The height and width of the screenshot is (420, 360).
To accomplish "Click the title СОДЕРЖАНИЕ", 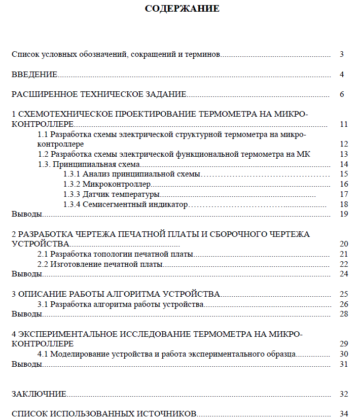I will click(x=182, y=9).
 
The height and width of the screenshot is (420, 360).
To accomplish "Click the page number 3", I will click(x=342, y=54).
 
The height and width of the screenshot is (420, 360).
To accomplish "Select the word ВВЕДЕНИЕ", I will click(x=34, y=75).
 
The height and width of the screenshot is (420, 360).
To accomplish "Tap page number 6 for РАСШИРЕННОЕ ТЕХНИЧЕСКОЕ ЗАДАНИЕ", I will click(x=342, y=94).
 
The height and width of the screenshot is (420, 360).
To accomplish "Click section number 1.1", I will click(x=44, y=134).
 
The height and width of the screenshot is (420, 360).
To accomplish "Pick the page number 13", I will click(x=344, y=154).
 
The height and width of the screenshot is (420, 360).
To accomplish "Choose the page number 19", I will click(x=344, y=214).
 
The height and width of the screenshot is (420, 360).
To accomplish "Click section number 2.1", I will click(x=44, y=254).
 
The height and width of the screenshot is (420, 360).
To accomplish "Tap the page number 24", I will click(x=344, y=274).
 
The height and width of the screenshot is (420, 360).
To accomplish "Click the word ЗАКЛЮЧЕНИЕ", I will click(x=39, y=394).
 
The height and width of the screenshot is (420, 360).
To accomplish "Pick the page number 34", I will click(x=344, y=414).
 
